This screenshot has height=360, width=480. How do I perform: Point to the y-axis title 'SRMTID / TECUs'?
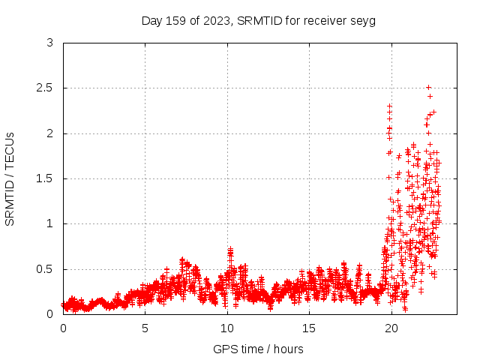pos(10,178)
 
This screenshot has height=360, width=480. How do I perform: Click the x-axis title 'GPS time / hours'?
pos(258,349)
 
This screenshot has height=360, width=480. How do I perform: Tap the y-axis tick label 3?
pos(49,43)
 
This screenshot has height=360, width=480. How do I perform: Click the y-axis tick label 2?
pos(49,133)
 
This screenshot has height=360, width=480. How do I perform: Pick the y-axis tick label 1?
pos(49,223)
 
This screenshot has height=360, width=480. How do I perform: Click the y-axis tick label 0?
pos(49,313)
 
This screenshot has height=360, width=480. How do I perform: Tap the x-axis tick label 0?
pos(63,328)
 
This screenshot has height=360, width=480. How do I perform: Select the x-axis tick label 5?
pos(145,328)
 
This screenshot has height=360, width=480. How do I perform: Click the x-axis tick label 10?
pos(226,328)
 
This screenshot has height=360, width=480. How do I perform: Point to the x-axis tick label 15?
pos(308,328)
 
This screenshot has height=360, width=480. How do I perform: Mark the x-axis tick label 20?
pos(390,328)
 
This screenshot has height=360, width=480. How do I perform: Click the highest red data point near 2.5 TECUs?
pos(428,87)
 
